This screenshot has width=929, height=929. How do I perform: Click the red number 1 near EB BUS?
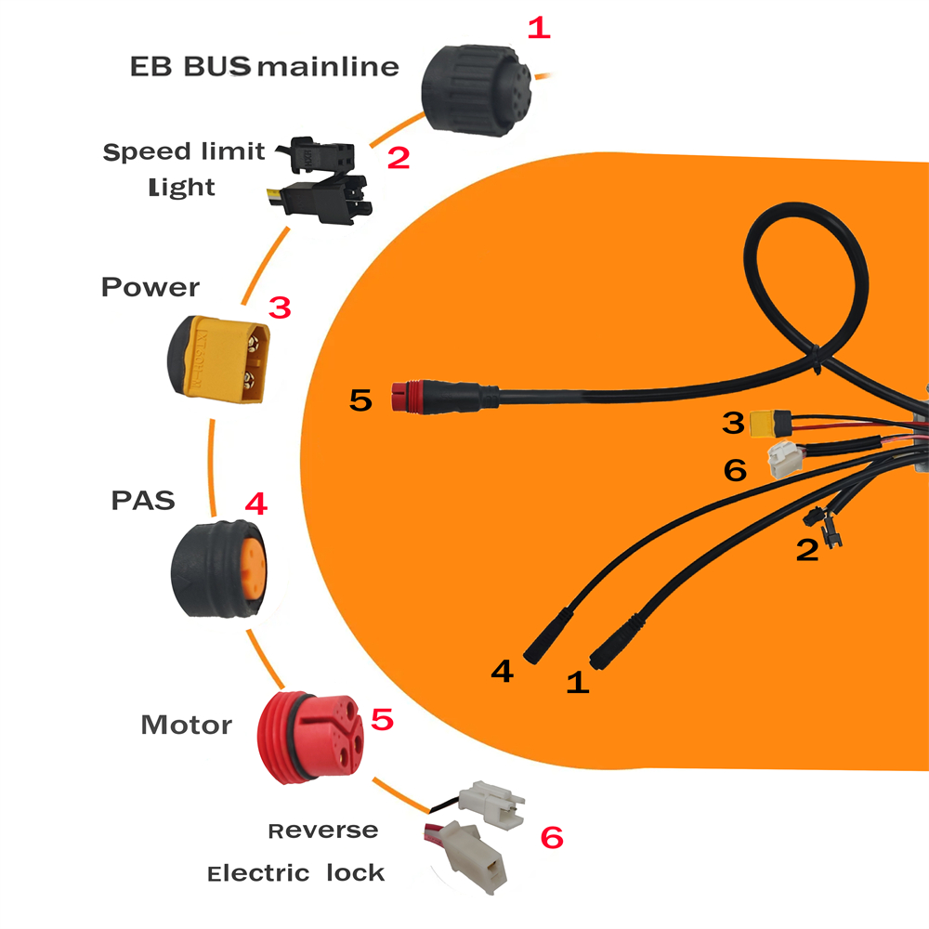539,28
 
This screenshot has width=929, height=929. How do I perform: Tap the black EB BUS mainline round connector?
477,90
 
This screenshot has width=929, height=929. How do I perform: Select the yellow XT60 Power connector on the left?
218,359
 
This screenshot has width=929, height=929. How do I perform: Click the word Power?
150,287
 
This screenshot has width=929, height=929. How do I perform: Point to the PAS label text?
143,501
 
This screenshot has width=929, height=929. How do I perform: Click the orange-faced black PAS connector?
218,569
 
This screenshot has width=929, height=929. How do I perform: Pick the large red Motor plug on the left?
310,737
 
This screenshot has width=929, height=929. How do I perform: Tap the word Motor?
187,726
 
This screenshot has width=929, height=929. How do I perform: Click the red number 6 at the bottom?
552,838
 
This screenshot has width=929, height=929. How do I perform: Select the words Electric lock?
296,872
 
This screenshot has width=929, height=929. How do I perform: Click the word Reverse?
323,831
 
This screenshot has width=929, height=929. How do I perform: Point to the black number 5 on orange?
360,399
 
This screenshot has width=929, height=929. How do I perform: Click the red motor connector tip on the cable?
408,397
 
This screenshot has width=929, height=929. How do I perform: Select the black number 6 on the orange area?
735,470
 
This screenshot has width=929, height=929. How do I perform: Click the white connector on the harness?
785,461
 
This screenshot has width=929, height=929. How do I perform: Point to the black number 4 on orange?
503,672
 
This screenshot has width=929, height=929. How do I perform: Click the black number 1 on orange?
578,682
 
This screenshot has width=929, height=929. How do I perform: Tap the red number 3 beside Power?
280,308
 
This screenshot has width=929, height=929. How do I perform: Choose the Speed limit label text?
184,151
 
